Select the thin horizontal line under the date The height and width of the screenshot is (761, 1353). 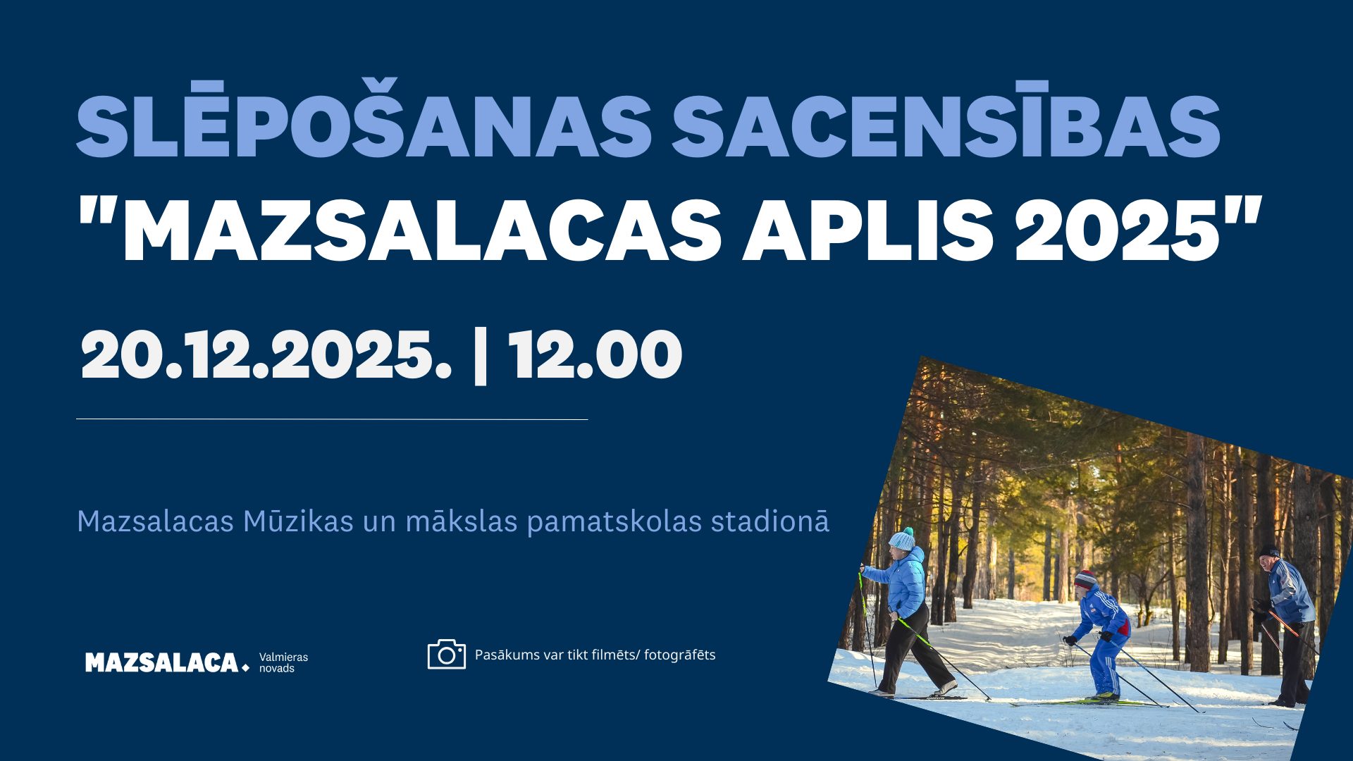point(332,419)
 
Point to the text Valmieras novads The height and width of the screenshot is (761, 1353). point(283,662)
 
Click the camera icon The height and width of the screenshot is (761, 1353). point(447,654)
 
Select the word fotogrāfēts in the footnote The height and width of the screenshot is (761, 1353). point(679,655)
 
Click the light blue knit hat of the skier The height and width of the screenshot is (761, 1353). point(901,539)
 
